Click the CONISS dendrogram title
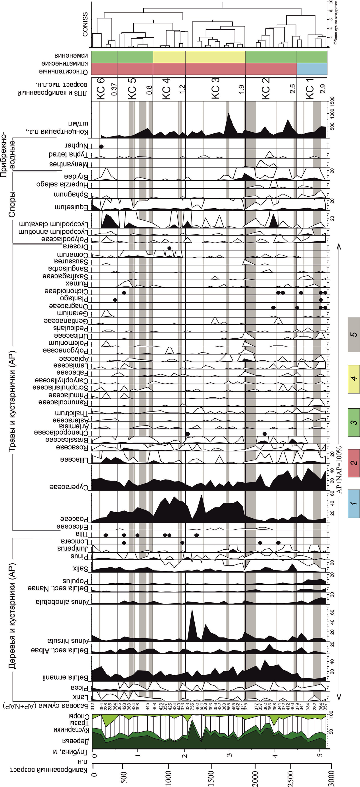85,25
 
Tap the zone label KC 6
101,89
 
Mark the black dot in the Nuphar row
101,147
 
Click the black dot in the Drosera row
169,248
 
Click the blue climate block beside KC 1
312,69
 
